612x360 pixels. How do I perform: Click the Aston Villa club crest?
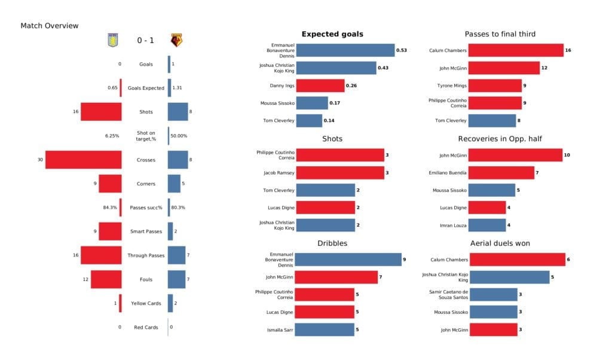click(x=112, y=40)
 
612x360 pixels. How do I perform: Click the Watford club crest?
click(x=177, y=40)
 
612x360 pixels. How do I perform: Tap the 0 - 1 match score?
click(x=145, y=41)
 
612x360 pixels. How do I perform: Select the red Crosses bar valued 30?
click(x=84, y=160)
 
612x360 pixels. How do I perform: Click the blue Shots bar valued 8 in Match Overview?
click(x=178, y=112)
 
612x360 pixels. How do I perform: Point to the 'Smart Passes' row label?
click(x=145, y=231)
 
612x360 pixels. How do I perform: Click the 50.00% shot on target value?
click(x=179, y=136)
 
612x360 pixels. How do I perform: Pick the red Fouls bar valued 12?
click(x=106, y=279)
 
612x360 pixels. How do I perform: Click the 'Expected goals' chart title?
click(x=332, y=34)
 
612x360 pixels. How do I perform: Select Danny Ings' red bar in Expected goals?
click(x=320, y=86)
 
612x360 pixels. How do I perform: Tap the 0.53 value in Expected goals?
click(x=402, y=50)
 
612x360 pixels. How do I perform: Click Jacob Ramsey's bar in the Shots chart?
click(x=340, y=173)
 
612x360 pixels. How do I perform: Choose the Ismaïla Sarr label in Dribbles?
click(x=280, y=330)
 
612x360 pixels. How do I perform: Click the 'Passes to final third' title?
click(x=500, y=34)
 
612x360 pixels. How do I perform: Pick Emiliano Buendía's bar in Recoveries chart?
click(x=501, y=173)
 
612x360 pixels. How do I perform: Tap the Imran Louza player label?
click(x=452, y=225)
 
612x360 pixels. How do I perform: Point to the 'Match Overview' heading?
click(x=50, y=26)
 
